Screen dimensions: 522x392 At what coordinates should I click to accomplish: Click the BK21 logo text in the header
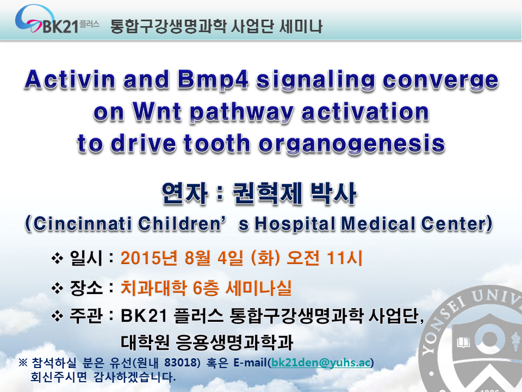click(60, 27)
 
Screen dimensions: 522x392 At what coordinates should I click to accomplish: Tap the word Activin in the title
click(70, 80)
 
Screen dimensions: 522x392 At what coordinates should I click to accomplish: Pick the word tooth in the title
click(217, 143)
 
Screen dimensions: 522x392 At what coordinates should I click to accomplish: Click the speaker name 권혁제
click(266, 193)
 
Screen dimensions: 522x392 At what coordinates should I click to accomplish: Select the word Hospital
click(295, 224)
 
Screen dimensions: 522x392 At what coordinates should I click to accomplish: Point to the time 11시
click(345, 258)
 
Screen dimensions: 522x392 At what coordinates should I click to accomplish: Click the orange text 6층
click(206, 287)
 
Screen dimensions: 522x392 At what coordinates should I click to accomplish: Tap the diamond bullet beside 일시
click(57, 258)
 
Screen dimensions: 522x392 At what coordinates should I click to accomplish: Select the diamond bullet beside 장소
click(57, 288)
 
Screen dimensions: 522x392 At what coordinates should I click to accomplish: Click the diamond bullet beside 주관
click(57, 316)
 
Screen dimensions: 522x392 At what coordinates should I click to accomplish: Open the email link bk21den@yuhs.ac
click(321, 363)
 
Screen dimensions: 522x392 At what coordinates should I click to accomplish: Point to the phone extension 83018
click(182, 363)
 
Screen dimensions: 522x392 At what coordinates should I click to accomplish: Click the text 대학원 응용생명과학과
click(207, 342)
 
